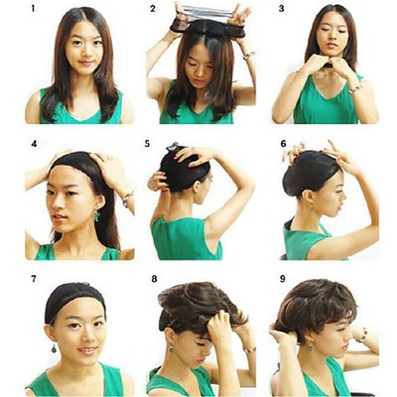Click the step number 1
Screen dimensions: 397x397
(x=33, y=9)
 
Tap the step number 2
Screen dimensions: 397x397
(x=153, y=9)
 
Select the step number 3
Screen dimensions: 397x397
(x=281, y=9)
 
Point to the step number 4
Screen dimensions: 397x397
(x=33, y=143)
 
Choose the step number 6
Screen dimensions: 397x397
(x=283, y=143)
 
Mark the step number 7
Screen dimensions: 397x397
(x=33, y=279)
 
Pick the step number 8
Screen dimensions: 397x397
(x=154, y=279)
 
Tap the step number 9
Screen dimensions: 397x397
(x=281, y=279)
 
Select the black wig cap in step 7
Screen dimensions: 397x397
(x=75, y=295)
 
